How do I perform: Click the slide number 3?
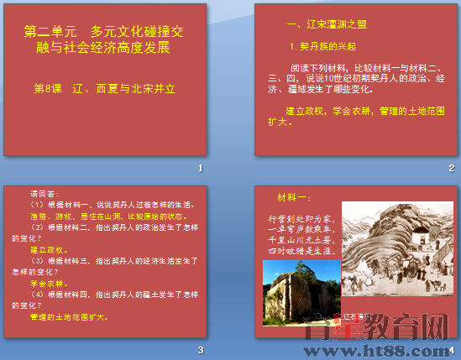(x=201, y=350)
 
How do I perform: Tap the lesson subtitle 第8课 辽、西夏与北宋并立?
(x=104, y=86)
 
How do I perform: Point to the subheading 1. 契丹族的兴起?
(x=323, y=47)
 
